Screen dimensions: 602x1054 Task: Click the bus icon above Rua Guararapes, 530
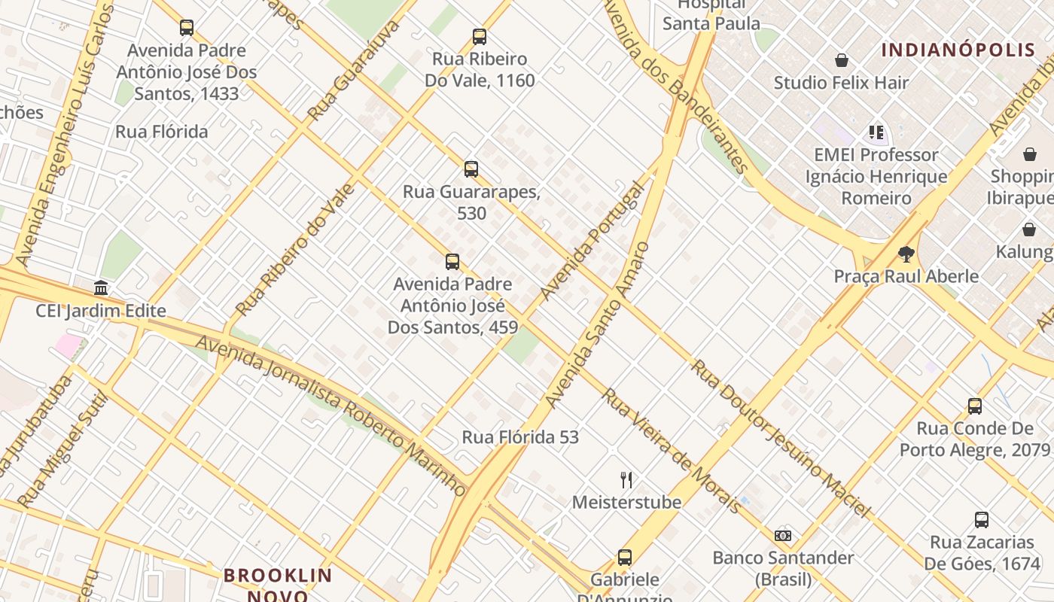pyautogui.click(x=471, y=169)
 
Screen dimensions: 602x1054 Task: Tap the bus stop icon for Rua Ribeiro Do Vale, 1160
pyautogui.click(x=479, y=36)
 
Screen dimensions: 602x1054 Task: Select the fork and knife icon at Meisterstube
pyautogui.click(x=626, y=479)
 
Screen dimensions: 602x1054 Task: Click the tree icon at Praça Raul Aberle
pyautogui.click(x=906, y=254)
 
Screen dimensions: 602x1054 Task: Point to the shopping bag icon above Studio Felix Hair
pyautogui.click(x=842, y=60)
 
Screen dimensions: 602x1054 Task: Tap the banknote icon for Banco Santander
pyautogui.click(x=783, y=536)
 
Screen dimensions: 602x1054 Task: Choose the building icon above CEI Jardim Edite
pyautogui.click(x=101, y=287)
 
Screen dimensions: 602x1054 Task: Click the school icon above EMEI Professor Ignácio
pyautogui.click(x=876, y=132)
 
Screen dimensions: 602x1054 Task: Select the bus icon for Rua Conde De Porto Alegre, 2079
pyautogui.click(x=975, y=406)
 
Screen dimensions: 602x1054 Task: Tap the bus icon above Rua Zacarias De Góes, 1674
pyautogui.click(x=982, y=519)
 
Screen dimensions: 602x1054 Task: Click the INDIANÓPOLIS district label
pyautogui.click(x=958, y=50)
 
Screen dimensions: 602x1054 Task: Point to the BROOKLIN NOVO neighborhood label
pyautogui.click(x=278, y=585)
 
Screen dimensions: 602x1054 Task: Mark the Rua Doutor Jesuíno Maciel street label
pyautogui.click(x=781, y=438)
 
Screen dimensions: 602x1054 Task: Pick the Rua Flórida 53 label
pyautogui.click(x=520, y=437)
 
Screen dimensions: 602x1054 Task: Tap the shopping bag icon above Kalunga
pyautogui.click(x=1029, y=230)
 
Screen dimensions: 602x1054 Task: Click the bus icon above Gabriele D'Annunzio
pyautogui.click(x=625, y=558)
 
